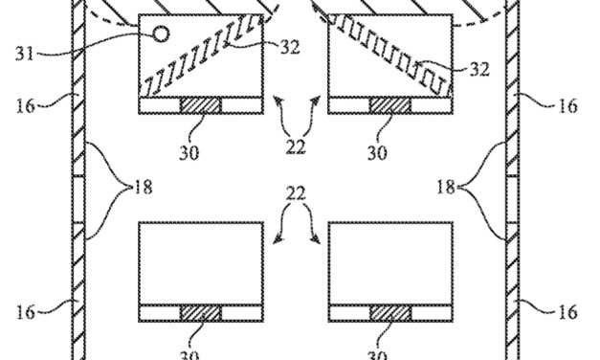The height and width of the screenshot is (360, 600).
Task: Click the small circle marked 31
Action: pos(161,34)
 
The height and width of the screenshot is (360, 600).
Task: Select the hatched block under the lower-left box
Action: pos(200,313)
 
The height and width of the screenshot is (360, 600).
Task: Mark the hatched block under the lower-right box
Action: pos(388,313)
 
